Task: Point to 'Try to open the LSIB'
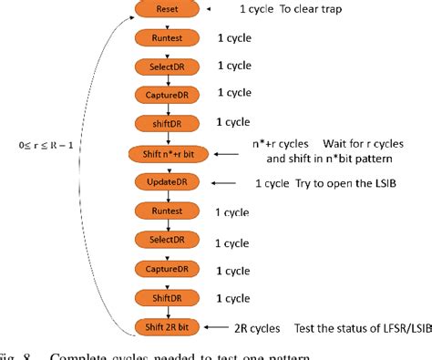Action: pyautogui.click(x=345, y=183)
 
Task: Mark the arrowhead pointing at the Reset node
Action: pyautogui.click(x=208, y=10)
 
